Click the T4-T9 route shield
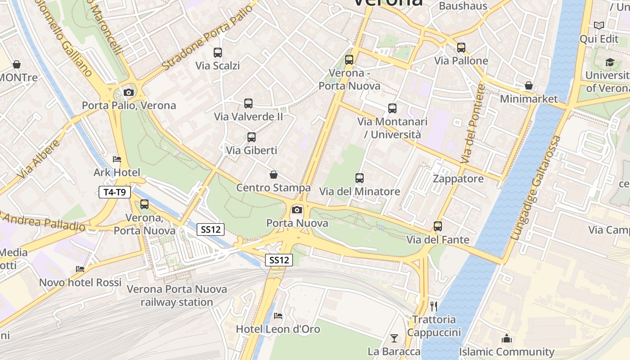(x=115, y=193)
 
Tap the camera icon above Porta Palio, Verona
(x=129, y=92)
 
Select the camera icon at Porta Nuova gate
(x=297, y=210)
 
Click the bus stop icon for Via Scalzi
(x=218, y=53)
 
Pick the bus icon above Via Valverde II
(x=248, y=103)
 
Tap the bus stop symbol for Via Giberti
(x=252, y=137)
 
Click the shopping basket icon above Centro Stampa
(x=273, y=175)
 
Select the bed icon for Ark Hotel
(x=117, y=159)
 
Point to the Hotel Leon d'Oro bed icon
(x=278, y=316)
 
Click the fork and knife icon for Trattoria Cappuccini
(x=434, y=306)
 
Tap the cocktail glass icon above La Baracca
(x=394, y=338)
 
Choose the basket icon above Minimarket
(x=529, y=85)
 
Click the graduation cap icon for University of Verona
(x=610, y=63)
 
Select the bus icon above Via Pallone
(x=461, y=48)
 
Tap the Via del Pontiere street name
(x=473, y=124)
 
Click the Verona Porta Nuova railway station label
(x=177, y=296)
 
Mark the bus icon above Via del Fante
(x=438, y=226)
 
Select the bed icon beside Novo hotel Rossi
(x=80, y=269)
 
